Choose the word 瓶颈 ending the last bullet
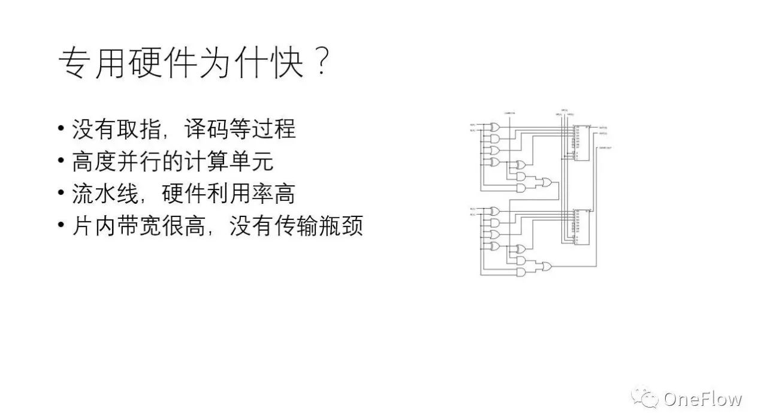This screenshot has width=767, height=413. (341, 227)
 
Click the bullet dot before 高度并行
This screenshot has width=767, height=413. (61, 162)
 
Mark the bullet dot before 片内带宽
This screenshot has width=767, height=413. (61, 227)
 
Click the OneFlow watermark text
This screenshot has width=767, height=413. (702, 399)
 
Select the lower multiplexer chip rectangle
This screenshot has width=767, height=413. (580, 227)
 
